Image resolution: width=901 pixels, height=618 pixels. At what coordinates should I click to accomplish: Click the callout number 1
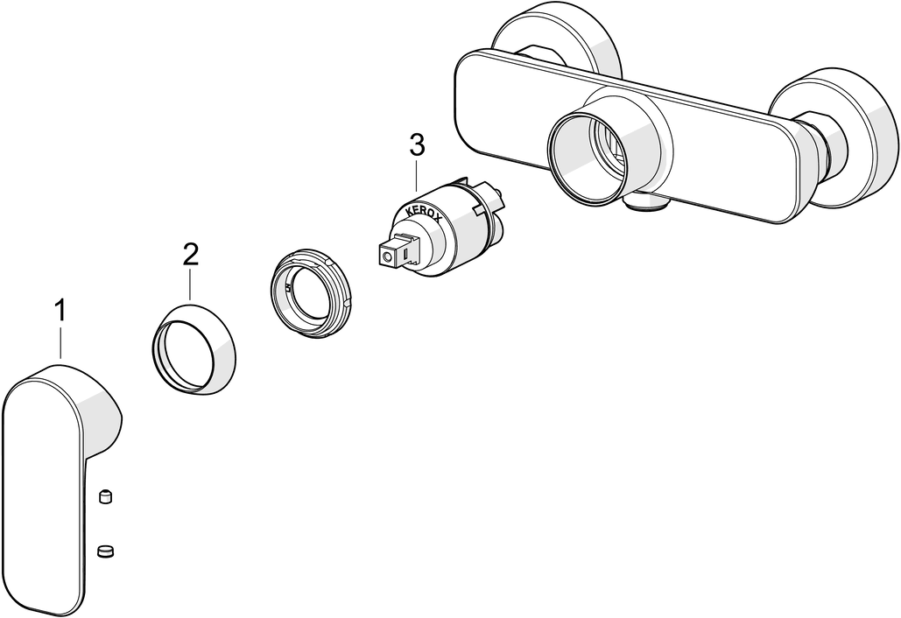pyautogui.click(x=60, y=311)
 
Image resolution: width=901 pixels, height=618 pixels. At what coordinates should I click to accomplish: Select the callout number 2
pyautogui.click(x=191, y=254)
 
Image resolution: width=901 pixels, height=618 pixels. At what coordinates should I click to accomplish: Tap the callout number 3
pyautogui.click(x=417, y=145)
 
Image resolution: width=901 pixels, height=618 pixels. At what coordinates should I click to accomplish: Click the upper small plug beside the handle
pyautogui.click(x=105, y=496)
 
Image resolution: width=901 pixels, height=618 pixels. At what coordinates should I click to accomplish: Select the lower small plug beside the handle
pyautogui.click(x=105, y=551)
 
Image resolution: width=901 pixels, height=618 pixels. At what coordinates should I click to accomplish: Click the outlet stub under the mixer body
pyautogui.click(x=648, y=202)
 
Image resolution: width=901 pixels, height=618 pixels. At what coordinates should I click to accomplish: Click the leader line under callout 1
pyautogui.click(x=60, y=343)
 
